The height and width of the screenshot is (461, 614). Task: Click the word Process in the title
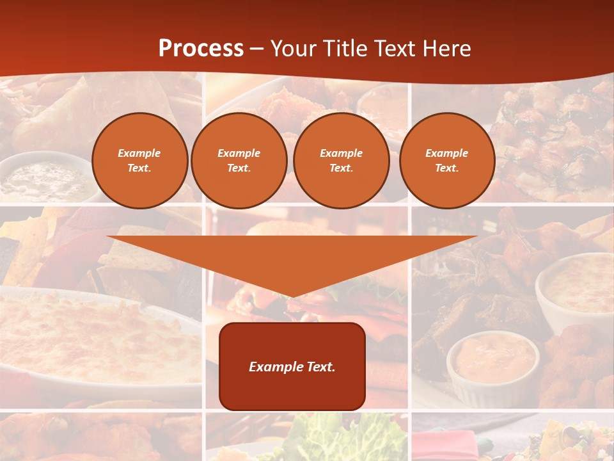click(201, 49)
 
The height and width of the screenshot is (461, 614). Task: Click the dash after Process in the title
click(257, 49)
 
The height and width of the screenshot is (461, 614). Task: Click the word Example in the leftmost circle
click(139, 153)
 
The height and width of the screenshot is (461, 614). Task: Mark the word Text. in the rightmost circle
click(447, 168)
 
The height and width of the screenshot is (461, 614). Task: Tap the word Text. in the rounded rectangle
click(320, 367)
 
